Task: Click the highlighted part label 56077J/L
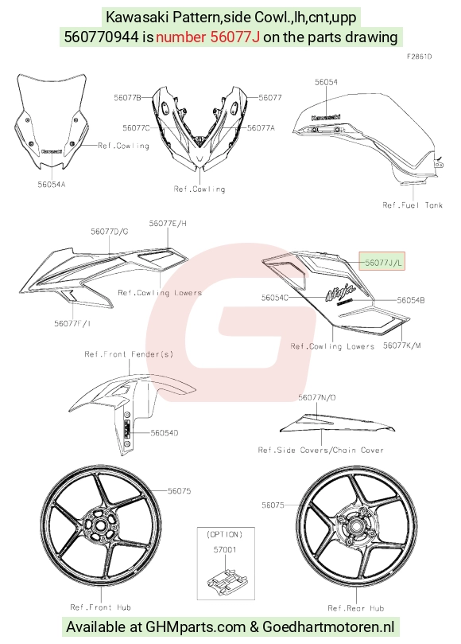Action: click(x=382, y=262)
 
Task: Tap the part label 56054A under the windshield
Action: click(x=52, y=185)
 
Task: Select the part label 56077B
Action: click(x=127, y=98)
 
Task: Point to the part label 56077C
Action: click(x=136, y=128)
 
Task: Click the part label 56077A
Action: click(x=261, y=128)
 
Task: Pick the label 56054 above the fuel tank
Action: click(x=326, y=82)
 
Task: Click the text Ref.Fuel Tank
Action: click(x=413, y=205)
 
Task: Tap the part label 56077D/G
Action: click(x=110, y=232)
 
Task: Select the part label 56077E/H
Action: click(x=168, y=223)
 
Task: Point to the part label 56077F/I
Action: click(x=72, y=323)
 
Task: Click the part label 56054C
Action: click(x=275, y=298)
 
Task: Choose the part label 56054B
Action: click(x=411, y=300)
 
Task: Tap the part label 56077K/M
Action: click(x=402, y=345)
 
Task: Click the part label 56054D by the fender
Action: click(x=164, y=433)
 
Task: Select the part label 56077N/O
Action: click(x=317, y=397)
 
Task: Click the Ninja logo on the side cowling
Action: click(x=340, y=293)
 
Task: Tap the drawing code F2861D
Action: click(x=419, y=57)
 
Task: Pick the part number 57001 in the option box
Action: click(x=225, y=549)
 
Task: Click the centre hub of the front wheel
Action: click(x=99, y=525)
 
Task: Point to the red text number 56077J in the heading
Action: click(x=207, y=37)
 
